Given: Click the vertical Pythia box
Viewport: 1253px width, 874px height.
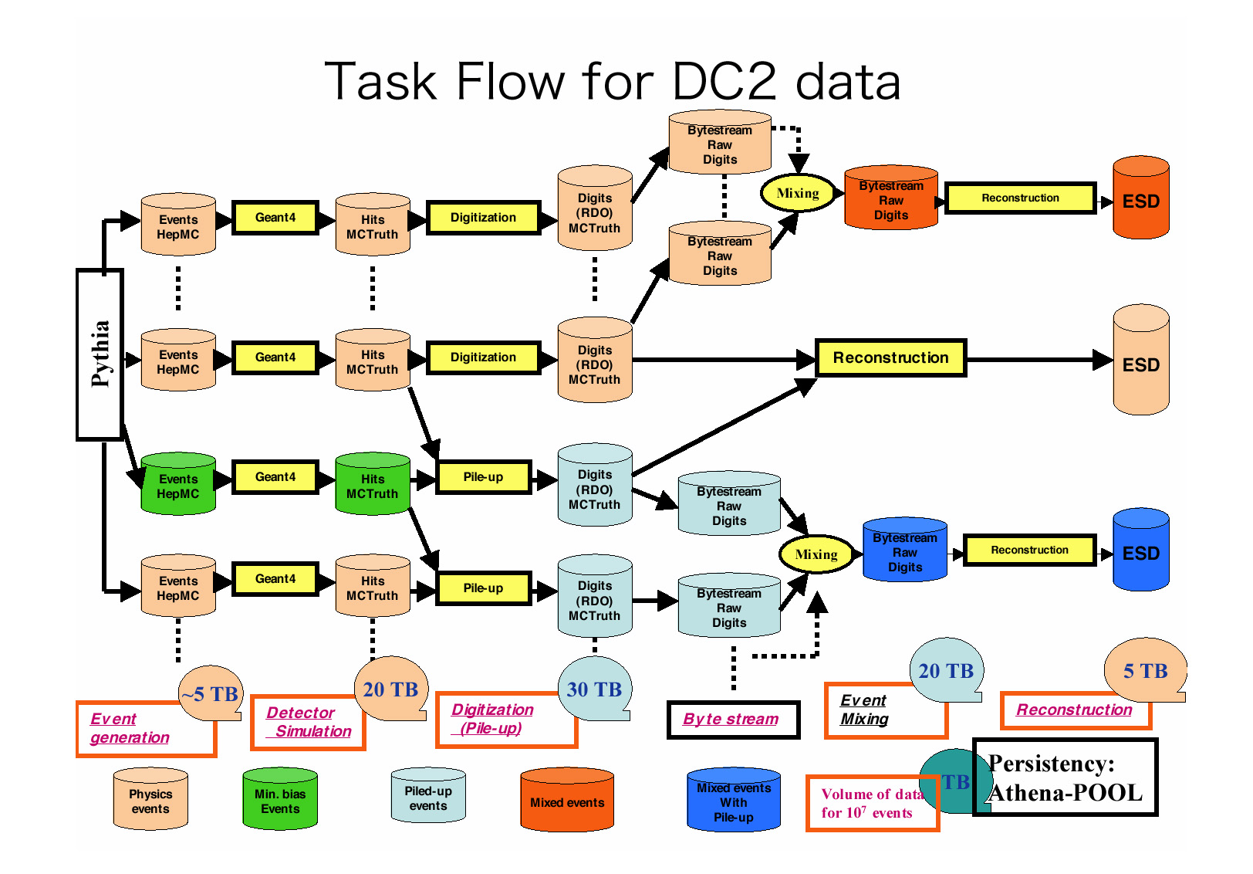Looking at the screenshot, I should click(x=100, y=354).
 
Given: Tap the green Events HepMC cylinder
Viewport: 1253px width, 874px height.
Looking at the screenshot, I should click(x=178, y=484).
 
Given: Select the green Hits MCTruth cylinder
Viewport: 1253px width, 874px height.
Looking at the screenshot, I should click(x=373, y=484).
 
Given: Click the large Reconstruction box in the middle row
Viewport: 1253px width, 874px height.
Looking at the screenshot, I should click(x=890, y=358).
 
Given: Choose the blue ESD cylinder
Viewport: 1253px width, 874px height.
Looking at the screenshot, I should click(x=1140, y=550).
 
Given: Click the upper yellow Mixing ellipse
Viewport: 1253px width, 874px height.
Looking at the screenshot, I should click(x=798, y=193).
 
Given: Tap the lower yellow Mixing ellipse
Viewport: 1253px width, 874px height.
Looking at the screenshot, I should click(x=816, y=554).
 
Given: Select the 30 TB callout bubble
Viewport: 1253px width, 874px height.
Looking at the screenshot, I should click(x=594, y=689).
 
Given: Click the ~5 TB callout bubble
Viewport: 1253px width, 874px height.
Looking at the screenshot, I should click(x=211, y=693).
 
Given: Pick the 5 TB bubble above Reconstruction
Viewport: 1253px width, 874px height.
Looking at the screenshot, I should click(x=1145, y=670).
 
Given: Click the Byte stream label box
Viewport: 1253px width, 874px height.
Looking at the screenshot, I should click(x=732, y=720).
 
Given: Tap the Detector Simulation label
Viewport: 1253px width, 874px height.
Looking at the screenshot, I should click(x=308, y=723).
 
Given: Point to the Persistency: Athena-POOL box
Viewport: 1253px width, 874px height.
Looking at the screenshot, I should click(x=1066, y=777).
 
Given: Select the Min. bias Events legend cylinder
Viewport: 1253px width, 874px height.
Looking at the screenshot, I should click(x=280, y=800).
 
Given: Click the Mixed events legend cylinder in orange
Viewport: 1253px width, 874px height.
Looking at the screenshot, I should click(x=567, y=801).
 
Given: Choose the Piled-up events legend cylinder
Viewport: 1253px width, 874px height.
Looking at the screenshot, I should click(x=428, y=797).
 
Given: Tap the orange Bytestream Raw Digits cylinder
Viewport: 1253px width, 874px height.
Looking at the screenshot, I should click(x=891, y=198).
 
